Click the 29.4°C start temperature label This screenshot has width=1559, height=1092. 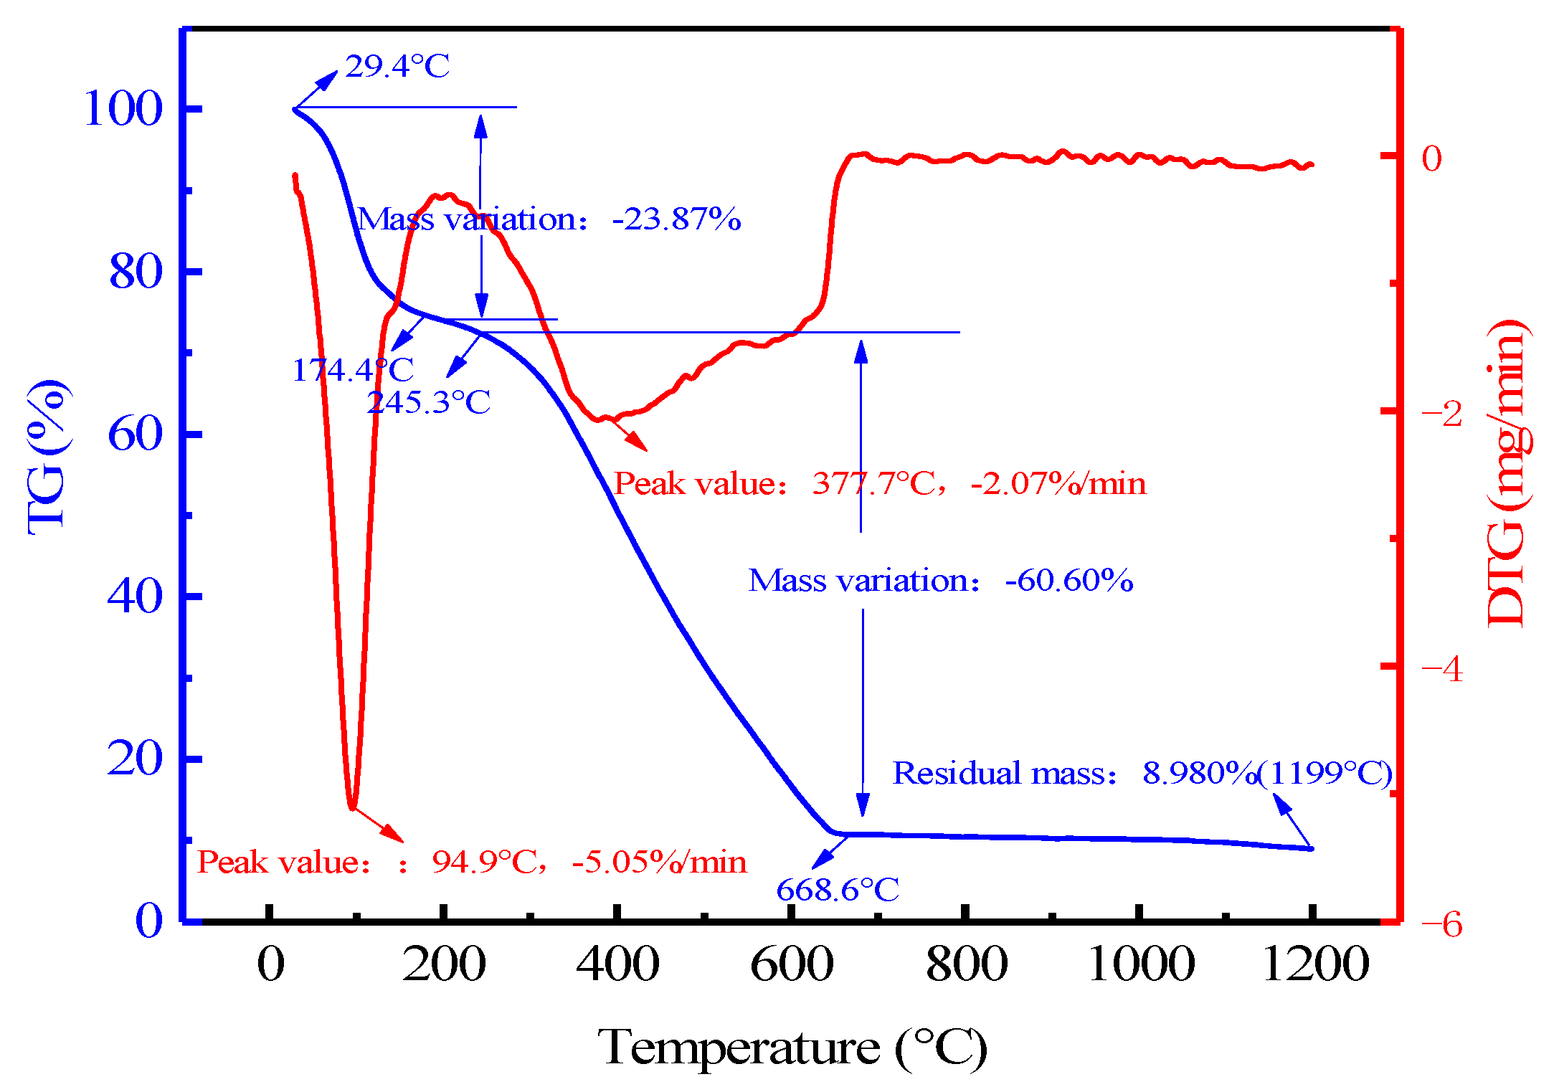click(x=397, y=67)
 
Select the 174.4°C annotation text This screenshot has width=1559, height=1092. click(x=352, y=371)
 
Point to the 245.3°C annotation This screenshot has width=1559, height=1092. click(x=428, y=402)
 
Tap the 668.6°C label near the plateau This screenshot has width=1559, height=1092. click(x=837, y=891)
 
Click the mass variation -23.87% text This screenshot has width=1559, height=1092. click(x=549, y=219)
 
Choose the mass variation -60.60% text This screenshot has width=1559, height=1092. click(x=940, y=580)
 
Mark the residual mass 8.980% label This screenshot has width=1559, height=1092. click(x=1142, y=773)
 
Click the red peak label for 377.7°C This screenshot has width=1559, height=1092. click(x=879, y=483)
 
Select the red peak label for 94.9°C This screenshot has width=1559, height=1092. click(x=471, y=862)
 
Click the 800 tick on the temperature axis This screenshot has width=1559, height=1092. click(x=966, y=964)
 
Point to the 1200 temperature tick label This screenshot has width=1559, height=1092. click(x=1314, y=964)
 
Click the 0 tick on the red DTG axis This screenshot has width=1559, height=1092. click(x=1431, y=158)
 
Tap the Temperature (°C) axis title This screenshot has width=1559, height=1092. click(x=792, y=1048)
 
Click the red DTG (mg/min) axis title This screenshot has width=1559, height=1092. click(x=1507, y=473)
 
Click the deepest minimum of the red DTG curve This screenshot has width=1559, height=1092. click(x=351, y=807)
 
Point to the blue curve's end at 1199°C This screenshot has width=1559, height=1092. click(x=1311, y=848)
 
